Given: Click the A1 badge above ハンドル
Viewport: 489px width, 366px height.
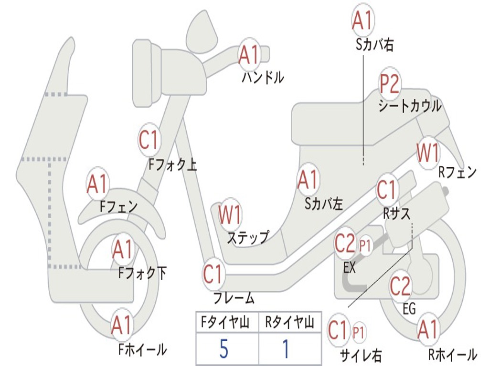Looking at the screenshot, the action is pyautogui.click(x=249, y=55).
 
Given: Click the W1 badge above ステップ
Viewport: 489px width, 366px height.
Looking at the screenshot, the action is pyautogui.click(x=230, y=214).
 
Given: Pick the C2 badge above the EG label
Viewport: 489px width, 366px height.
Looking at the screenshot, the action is pyautogui.click(x=400, y=285).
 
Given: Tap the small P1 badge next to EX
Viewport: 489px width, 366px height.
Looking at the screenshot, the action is pyautogui.click(x=365, y=245).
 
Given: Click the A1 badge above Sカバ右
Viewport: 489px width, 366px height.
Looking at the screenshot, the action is pyautogui.click(x=363, y=20).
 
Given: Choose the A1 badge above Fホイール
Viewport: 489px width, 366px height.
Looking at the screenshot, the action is pyautogui.click(x=122, y=325).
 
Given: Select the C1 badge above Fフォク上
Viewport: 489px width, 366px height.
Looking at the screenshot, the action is pyautogui.click(x=149, y=140).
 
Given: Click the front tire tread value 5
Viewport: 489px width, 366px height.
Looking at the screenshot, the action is pyautogui.click(x=224, y=348).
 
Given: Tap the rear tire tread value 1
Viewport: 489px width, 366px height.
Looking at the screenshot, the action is pyautogui.click(x=286, y=348).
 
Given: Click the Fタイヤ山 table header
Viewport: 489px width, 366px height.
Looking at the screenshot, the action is pyautogui.click(x=225, y=322).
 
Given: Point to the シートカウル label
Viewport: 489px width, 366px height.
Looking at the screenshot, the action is pyautogui.click(x=410, y=106).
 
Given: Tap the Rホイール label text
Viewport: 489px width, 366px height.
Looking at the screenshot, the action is pyautogui.click(x=453, y=355).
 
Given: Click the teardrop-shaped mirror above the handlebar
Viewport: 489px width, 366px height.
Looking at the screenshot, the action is pyautogui.click(x=202, y=32).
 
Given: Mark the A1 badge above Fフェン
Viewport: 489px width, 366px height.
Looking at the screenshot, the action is pyautogui.click(x=97, y=184).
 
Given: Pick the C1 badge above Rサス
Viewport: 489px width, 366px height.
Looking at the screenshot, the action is pyautogui.click(x=387, y=189).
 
